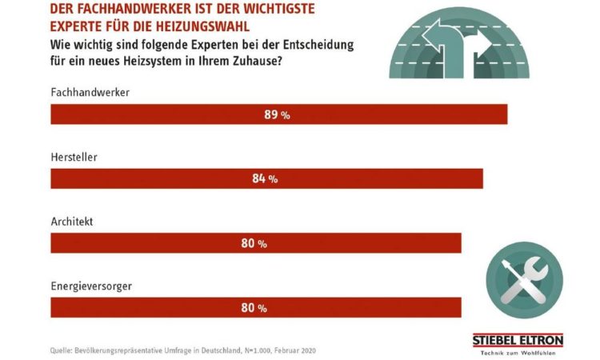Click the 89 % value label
[277, 115]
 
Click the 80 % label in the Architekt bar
[254, 243]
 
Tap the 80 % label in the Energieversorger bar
[254, 307]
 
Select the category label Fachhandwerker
[90, 92]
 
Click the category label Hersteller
[74, 157]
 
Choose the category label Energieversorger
[90, 285]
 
